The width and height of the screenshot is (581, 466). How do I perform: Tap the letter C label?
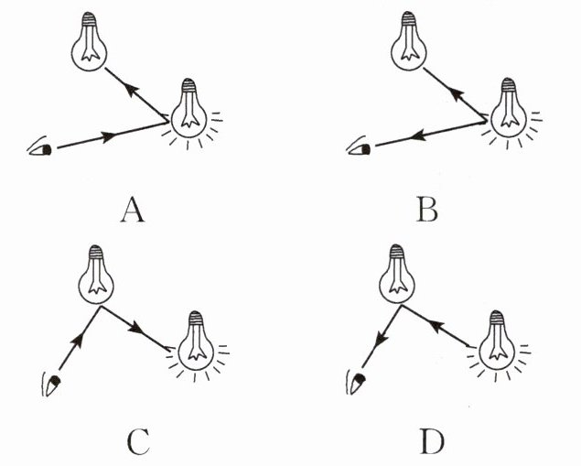[x=138, y=443]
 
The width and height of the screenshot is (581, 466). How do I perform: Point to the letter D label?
[x=431, y=443]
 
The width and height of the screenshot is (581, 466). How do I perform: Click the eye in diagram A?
[x=41, y=148]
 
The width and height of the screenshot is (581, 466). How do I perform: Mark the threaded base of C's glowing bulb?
[x=196, y=320]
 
